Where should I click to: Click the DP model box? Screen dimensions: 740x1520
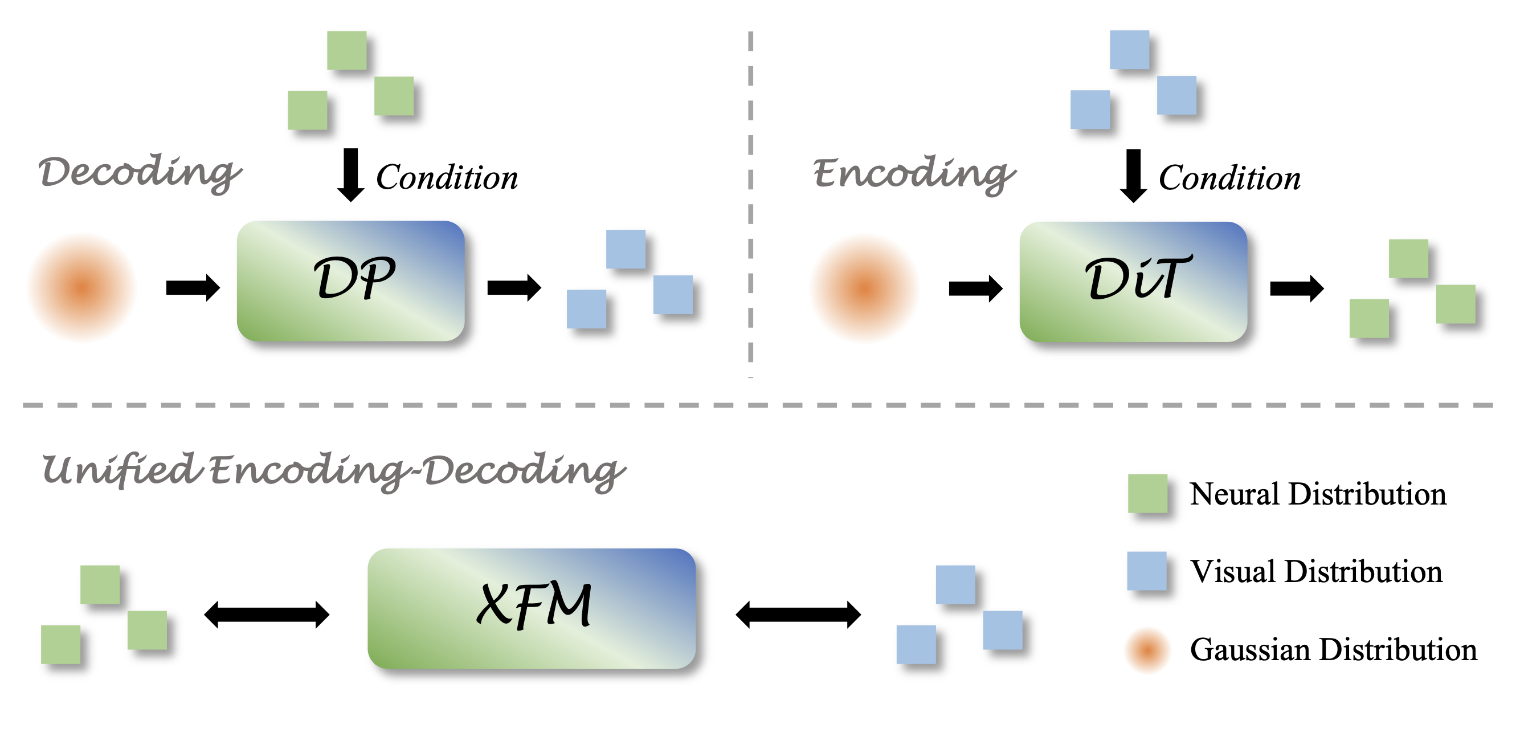pyautogui.click(x=350, y=280)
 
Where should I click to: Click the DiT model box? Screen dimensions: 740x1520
pyautogui.click(x=1133, y=282)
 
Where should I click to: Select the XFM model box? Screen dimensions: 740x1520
pyautogui.click(x=531, y=608)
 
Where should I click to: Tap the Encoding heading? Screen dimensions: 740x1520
pyautogui.click(x=914, y=174)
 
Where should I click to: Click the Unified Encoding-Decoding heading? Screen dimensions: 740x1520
pyautogui.click(x=333, y=471)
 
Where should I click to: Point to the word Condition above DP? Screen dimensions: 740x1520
pyautogui.click(x=447, y=177)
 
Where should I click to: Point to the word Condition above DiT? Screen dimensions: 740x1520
pyautogui.click(x=1229, y=178)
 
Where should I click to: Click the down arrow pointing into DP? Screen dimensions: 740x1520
pyautogui.click(x=350, y=174)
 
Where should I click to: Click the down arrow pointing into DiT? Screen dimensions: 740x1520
pyautogui.click(x=1133, y=176)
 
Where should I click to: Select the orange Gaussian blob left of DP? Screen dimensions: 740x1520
pyautogui.click(x=83, y=287)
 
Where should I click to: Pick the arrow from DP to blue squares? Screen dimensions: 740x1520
pyautogui.click(x=513, y=287)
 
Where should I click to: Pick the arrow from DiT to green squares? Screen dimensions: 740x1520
pyautogui.click(x=1296, y=288)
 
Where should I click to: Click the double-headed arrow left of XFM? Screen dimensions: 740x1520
pyautogui.click(x=266, y=614)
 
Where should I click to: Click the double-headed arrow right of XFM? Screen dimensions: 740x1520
pyautogui.click(x=798, y=614)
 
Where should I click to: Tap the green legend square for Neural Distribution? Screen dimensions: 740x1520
pyautogui.click(x=1147, y=493)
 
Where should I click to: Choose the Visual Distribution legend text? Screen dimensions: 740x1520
pyautogui.click(x=1316, y=571)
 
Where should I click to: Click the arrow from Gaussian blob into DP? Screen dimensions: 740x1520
pyautogui.click(x=193, y=287)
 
